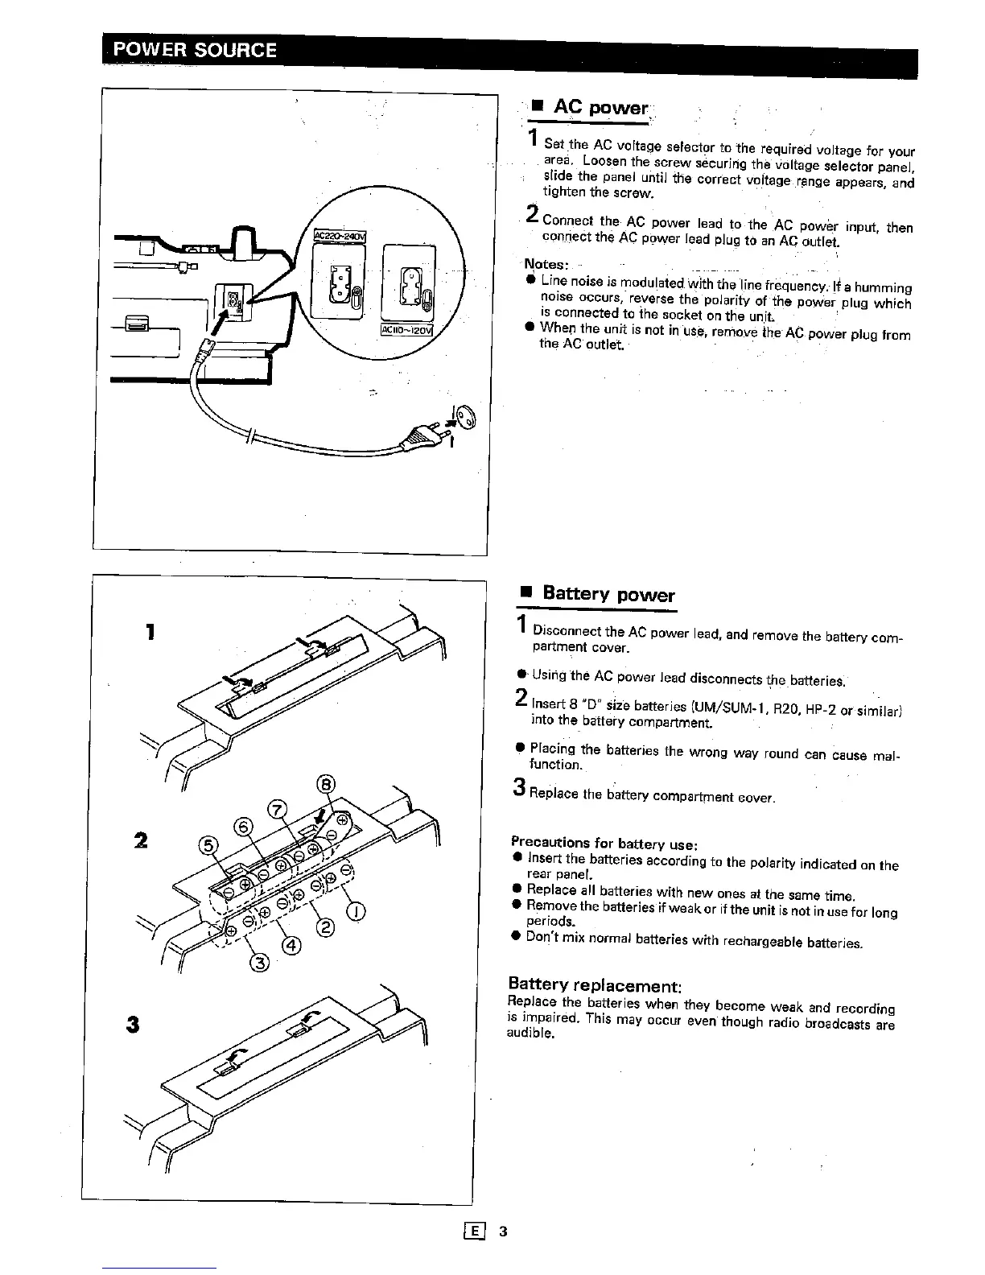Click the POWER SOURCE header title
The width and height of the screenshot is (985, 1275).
pos(194,50)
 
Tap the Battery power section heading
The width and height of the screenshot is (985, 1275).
pos(608,594)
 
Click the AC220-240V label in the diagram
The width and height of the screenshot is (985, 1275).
pos(340,236)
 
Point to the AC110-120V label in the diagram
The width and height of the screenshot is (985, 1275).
pos(407,331)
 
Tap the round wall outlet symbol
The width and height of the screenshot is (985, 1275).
pos(468,417)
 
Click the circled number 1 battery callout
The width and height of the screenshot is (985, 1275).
pos(356,911)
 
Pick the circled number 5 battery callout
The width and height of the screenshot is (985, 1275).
pos(208,845)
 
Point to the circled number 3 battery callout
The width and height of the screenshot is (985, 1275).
pos(259,963)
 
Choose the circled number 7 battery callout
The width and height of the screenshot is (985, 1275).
pos(277,810)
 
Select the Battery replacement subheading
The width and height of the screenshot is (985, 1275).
pos(595,984)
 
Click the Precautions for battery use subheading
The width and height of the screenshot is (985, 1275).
pos(603,844)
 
